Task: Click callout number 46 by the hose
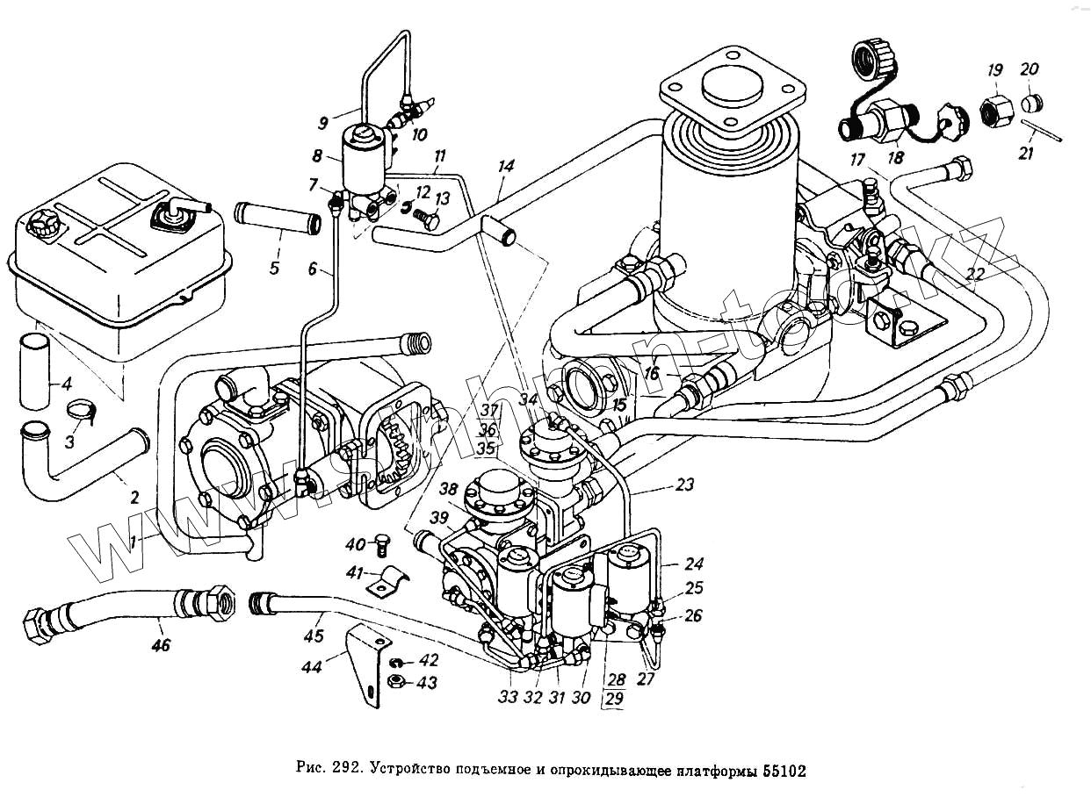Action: pyautogui.click(x=161, y=646)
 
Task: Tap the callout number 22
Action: pyautogui.click(x=975, y=274)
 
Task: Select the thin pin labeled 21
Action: pyautogui.click(x=1044, y=129)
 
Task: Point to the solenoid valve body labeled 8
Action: pyautogui.click(x=363, y=162)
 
